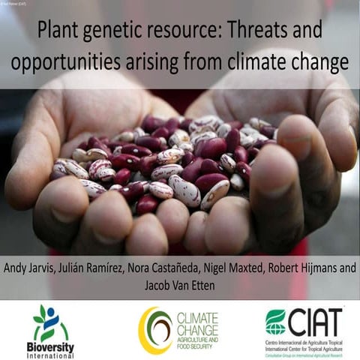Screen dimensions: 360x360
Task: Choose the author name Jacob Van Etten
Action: coord(180,286)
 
